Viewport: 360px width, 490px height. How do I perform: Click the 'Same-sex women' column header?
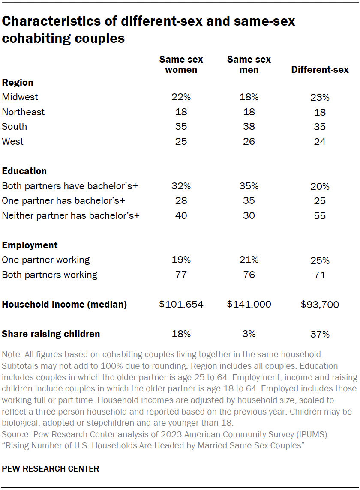coord(181,64)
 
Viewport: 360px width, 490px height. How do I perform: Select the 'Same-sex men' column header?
coord(249,64)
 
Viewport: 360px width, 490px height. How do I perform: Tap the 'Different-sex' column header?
coord(320,69)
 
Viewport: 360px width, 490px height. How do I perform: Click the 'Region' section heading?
coord(18,82)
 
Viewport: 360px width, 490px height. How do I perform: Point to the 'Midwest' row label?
coord(20,97)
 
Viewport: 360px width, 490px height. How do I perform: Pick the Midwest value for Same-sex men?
coord(249,97)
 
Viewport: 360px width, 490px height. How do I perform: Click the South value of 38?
coord(249,126)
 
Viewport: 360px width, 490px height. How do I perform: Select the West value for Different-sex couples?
coord(320,141)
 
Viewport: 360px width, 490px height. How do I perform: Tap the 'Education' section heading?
coord(24,171)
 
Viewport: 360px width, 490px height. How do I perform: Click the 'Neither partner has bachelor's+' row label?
coord(71,215)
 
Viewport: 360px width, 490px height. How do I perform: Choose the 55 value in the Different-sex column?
coord(320,216)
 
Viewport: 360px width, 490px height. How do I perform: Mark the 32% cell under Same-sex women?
coord(181,186)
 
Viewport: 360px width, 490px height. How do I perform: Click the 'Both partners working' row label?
coord(50,275)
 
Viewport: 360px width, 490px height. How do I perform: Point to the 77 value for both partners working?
coord(181,275)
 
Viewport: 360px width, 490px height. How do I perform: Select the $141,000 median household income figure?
coord(249,304)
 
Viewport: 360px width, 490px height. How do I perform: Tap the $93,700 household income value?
coord(320,305)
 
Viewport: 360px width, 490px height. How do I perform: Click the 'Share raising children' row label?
coord(51,334)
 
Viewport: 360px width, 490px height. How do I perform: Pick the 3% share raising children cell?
coord(249,334)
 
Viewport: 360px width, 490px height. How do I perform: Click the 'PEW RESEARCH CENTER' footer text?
coord(51,469)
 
